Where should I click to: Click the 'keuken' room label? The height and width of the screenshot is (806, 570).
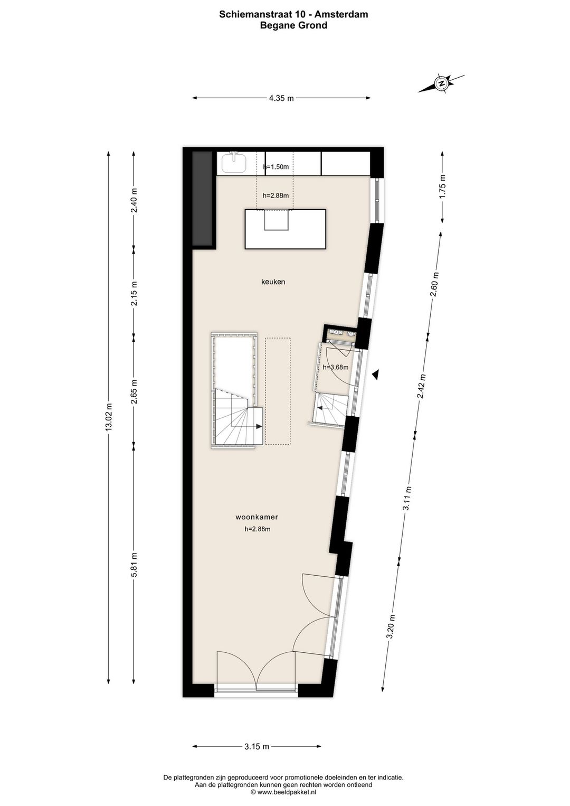click(x=273, y=282)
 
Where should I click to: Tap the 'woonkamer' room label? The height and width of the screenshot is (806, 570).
click(x=256, y=518)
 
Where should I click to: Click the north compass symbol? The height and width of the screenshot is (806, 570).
click(x=441, y=83)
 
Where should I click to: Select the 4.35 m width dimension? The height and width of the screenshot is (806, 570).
click(x=281, y=98)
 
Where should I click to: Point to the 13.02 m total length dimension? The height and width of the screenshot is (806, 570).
click(x=109, y=417)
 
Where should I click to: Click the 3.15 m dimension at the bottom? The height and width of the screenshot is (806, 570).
click(x=256, y=746)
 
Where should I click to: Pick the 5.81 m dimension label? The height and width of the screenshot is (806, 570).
click(x=134, y=566)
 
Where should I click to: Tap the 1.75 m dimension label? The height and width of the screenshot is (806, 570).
click(x=442, y=185)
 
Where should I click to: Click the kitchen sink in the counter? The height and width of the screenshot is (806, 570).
click(x=234, y=163)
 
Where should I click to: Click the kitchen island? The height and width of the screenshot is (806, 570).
click(x=284, y=229)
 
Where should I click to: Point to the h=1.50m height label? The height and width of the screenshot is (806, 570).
click(x=276, y=167)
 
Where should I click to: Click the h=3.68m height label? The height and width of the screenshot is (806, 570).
click(x=336, y=367)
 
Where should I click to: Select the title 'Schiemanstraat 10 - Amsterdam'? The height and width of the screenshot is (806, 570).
click(x=293, y=15)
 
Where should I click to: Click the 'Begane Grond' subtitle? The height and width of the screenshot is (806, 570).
click(x=293, y=25)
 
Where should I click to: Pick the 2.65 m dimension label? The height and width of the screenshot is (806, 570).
click(x=134, y=391)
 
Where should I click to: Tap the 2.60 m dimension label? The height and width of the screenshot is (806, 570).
click(x=435, y=285)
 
